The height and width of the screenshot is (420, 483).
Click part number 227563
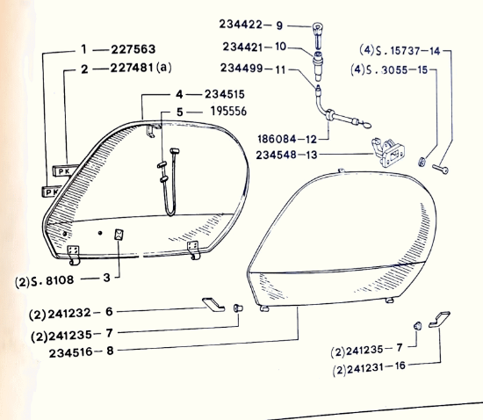[x=133, y=49]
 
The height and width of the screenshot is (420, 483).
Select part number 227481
[x=132, y=68]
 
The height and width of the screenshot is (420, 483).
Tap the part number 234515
[x=225, y=94]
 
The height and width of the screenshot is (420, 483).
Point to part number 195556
[x=228, y=112]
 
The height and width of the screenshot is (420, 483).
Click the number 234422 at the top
[x=241, y=25]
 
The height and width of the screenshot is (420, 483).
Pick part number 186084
[x=277, y=139]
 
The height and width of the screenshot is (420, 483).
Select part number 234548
[x=276, y=155]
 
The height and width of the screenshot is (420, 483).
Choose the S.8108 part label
[x=53, y=281]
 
